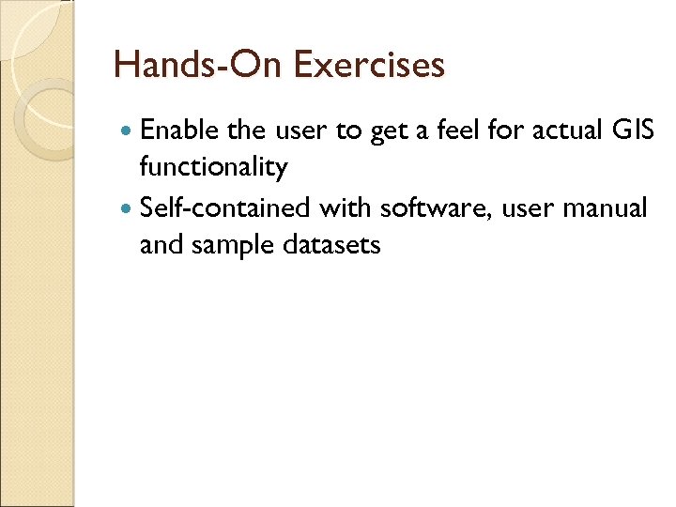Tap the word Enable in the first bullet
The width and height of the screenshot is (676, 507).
pyautogui.click(x=179, y=131)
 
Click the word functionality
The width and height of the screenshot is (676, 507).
pyautogui.click(x=213, y=167)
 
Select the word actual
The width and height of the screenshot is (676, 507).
pyautogui.click(x=569, y=131)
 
